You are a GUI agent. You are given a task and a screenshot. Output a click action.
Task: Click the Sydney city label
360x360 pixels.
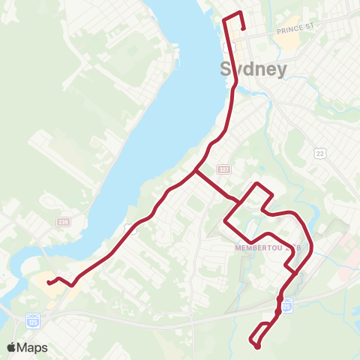coord(253,69)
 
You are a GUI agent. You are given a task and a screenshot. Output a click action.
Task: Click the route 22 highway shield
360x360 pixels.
coord(320,153)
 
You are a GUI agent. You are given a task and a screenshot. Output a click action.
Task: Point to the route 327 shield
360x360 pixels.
coord(223,168)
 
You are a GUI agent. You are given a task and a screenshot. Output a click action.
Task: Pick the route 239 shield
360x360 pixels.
coord(64,221)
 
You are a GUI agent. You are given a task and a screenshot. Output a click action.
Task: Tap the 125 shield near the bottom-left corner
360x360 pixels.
coord(32,319)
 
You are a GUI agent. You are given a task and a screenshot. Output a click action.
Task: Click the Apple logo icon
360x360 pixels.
coord(12,347)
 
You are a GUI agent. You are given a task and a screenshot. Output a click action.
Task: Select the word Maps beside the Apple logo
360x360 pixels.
coord(33,347)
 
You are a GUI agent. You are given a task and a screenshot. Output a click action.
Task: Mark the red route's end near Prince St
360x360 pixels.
coord(244,28)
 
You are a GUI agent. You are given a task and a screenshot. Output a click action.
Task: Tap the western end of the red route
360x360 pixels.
coord(48,283)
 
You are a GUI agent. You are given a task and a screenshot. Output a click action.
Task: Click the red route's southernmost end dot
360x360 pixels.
coord(257,346)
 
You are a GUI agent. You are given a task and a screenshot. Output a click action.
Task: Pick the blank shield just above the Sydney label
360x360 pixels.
coord(233,47)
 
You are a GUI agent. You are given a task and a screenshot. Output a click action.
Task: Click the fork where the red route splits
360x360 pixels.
coord(196,172)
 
